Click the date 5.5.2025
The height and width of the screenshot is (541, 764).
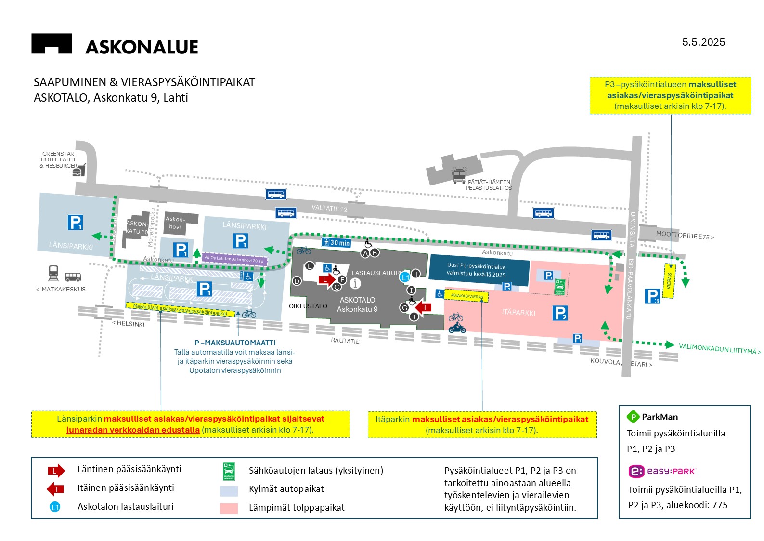[703, 42]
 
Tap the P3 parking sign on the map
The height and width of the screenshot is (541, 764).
[652, 296]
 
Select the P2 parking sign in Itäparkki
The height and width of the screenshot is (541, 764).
[560, 313]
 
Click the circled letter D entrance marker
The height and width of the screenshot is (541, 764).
[297, 281]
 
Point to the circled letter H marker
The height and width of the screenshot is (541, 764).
[415, 274]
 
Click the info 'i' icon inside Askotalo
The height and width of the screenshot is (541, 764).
[355, 284]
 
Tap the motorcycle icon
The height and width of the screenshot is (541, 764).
[457, 328]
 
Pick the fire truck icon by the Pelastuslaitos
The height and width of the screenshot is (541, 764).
[459, 174]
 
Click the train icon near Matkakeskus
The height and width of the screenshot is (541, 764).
[53, 273]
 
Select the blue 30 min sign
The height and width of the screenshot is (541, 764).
[337, 242]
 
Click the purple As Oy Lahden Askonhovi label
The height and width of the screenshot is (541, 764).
[234, 260]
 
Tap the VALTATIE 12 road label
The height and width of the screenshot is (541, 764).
[329, 208]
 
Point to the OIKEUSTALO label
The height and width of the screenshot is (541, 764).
[308, 306]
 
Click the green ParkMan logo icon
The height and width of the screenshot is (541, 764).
[633, 417]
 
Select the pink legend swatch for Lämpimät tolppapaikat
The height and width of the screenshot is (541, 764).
[229, 508]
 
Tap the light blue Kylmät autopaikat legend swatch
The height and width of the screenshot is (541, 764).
[229, 491]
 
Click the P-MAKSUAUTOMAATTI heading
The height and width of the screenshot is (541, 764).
[235, 343]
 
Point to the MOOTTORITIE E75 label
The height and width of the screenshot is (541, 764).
[685, 236]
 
